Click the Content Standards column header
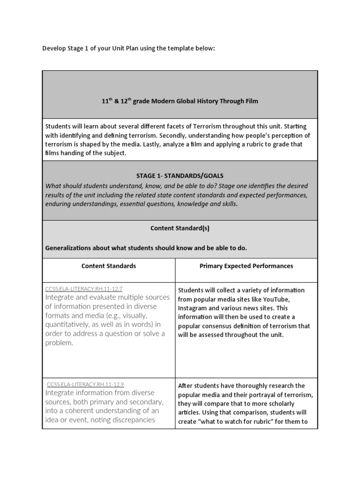point(109,266)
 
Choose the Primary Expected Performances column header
point(246,266)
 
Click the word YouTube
point(278,299)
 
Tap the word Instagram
point(194,308)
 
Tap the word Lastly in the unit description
point(166,144)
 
